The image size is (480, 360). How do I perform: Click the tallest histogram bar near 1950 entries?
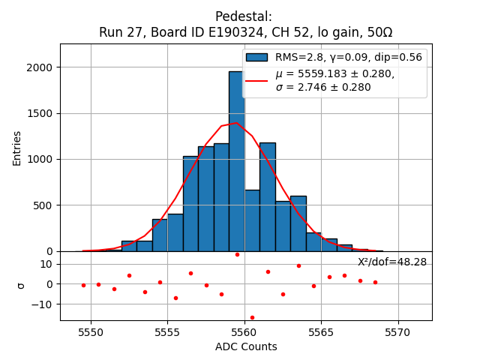[236, 161]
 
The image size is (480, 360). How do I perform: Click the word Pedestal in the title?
[243, 16]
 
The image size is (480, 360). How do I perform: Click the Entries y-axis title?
[17, 148]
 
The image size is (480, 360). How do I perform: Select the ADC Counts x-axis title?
[246, 346]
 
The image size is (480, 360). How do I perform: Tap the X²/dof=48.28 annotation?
[391, 262]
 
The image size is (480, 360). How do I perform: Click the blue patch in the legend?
[256, 57]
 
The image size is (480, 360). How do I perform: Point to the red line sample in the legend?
[256, 80]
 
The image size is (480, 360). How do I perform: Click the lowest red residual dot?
[252, 317]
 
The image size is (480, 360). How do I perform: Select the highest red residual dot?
[237, 254]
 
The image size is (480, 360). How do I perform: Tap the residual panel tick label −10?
[43, 304]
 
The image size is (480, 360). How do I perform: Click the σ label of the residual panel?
[20, 286]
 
